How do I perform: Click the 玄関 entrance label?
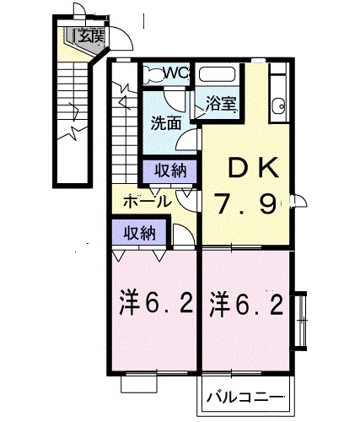(x=90, y=35)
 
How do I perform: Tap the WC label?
(x=175, y=73)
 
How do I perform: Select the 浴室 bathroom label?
(x=221, y=105)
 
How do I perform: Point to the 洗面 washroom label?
(x=165, y=123)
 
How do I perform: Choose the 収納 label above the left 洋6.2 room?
(x=139, y=233)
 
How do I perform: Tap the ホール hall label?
(x=148, y=202)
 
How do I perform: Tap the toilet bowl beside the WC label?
(x=152, y=73)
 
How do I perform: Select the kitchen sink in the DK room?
(x=277, y=105)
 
